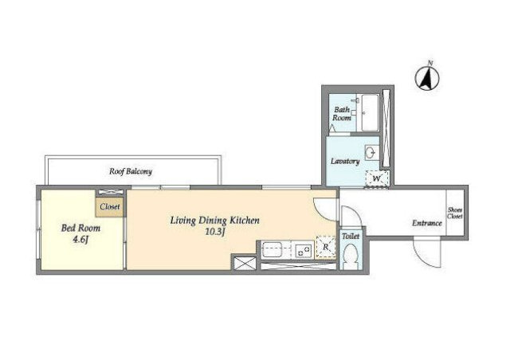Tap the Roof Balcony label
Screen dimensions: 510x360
coord(131,171)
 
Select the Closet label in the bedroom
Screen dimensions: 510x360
coord(110,206)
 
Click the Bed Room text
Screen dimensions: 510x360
coord(80,228)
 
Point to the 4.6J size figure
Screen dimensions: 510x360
coord(80,240)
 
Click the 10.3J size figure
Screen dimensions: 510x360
coord(215,233)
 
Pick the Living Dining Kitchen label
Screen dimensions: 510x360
coord(215,221)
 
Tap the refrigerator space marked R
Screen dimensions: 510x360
coord(326,248)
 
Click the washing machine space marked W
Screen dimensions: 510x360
coord(377,179)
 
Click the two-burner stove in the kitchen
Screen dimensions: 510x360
coord(303,250)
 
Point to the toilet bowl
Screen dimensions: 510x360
coord(350,256)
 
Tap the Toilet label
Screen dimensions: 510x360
coord(351,237)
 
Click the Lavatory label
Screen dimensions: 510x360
coord(345,162)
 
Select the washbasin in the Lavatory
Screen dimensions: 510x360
coord(371,152)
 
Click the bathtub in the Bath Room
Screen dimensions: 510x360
coord(370,112)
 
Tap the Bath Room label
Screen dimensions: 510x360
coord(342,114)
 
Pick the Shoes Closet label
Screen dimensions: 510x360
coord(455,213)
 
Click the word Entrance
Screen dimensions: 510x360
coord(427,223)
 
